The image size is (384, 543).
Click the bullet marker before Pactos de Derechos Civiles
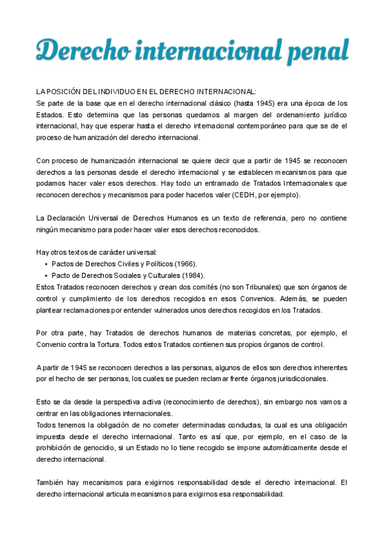[46, 264]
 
